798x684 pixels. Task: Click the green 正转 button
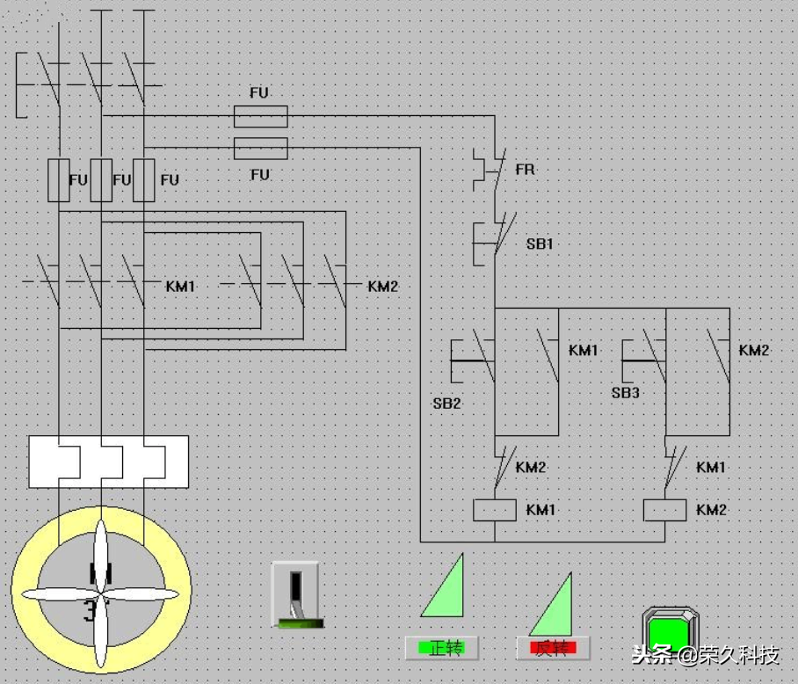point(441,648)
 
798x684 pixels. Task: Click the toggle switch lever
point(295,594)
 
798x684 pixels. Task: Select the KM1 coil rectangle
point(495,510)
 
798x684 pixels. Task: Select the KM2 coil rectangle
point(664,510)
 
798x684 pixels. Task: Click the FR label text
point(526,169)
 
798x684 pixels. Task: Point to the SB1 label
point(540,244)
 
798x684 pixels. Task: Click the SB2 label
point(446,404)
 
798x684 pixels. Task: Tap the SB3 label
point(626,392)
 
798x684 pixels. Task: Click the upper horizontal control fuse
point(260,117)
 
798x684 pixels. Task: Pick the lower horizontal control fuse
point(260,149)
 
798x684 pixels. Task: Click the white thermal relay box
point(108,462)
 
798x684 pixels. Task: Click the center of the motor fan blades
point(101,593)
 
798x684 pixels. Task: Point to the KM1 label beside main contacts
point(181,286)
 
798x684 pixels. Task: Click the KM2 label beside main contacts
point(382,286)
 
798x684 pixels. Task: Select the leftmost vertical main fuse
point(59,180)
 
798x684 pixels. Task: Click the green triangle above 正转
point(442,586)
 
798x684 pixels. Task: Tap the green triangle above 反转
point(551,604)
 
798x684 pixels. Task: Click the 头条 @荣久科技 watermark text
point(706,655)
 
